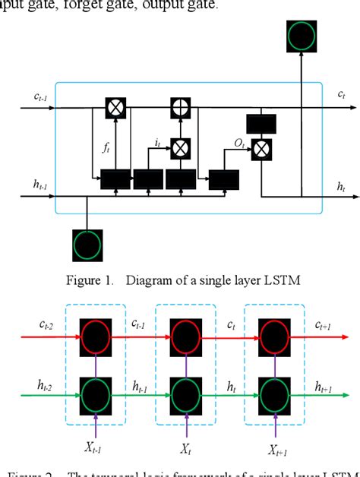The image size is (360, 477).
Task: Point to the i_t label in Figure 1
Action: coord(157,142)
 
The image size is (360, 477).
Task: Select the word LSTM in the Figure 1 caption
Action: coord(261,280)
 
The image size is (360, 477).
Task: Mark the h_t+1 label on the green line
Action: coord(328,386)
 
